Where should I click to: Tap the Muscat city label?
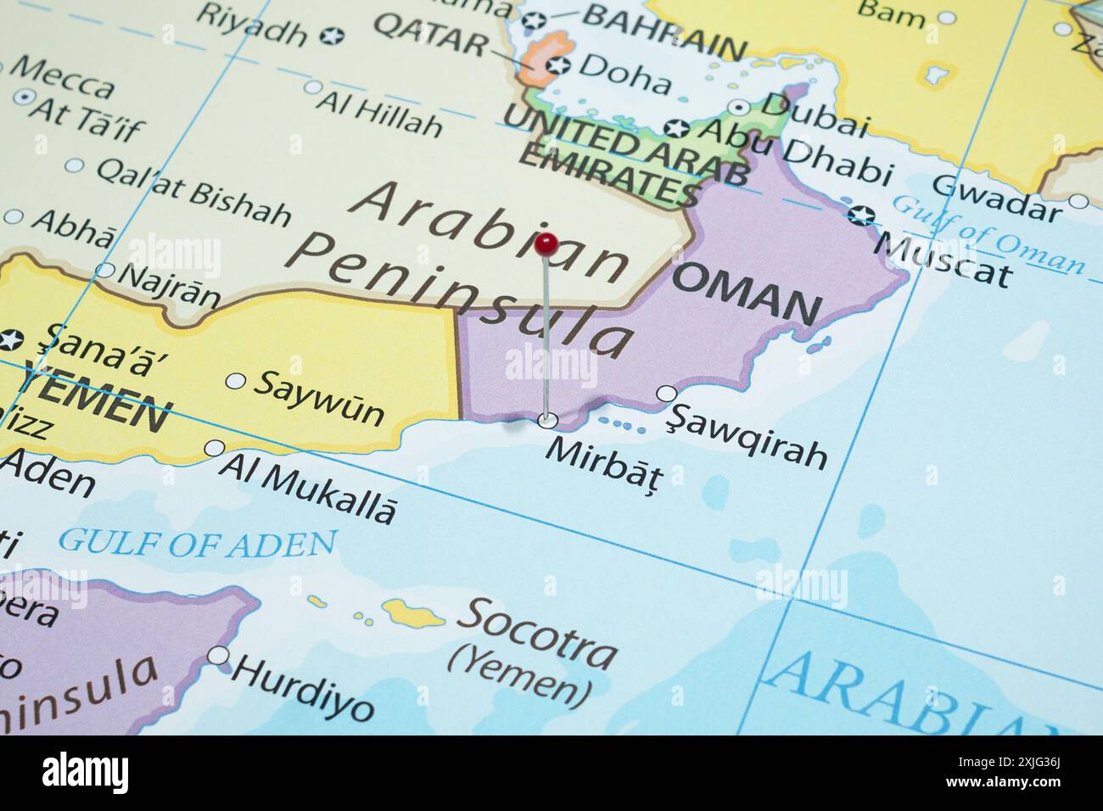click(x=942, y=260)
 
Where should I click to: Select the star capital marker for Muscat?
click(x=860, y=215)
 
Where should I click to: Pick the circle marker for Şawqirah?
click(x=667, y=394)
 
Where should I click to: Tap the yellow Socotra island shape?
click(x=414, y=612)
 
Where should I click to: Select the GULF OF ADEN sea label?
click(x=198, y=541)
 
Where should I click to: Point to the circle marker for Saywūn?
click(x=235, y=381)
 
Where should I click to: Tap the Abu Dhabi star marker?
click(x=677, y=128)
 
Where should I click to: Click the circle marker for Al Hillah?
click(x=313, y=87)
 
